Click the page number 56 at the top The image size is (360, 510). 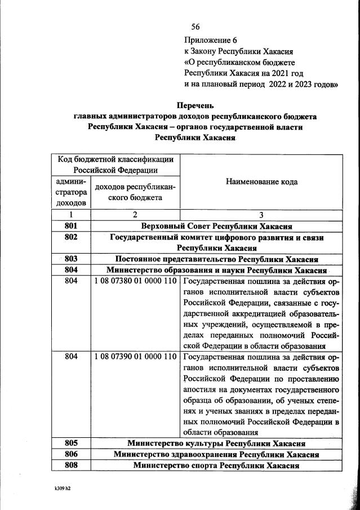point(196,26)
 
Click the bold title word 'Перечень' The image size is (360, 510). point(195,105)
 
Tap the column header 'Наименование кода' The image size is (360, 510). point(261,181)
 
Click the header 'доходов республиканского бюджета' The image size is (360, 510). point(135,192)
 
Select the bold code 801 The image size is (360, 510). point(70,226)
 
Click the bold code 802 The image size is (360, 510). point(70,238)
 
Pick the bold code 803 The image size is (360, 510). point(70,259)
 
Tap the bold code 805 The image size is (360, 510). point(70,444)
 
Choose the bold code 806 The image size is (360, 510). point(70,454)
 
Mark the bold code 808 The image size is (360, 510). point(70,465)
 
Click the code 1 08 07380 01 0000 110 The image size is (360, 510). point(135,281)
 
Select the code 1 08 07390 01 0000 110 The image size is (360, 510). point(135,357)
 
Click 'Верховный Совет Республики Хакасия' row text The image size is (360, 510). point(217,227)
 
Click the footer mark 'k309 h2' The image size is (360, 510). point(58,488)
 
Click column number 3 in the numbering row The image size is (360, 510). point(261,215)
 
